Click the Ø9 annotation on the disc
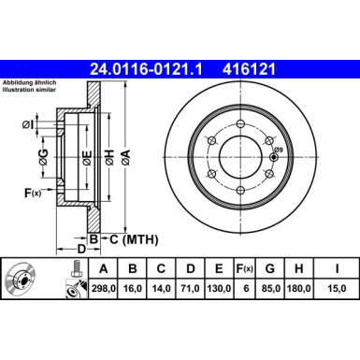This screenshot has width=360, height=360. (x=278, y=151)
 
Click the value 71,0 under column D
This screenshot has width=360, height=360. (x=190, y=291)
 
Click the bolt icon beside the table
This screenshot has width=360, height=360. (x=72, y=280)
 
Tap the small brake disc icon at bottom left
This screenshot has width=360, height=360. (x=28, y=281)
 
